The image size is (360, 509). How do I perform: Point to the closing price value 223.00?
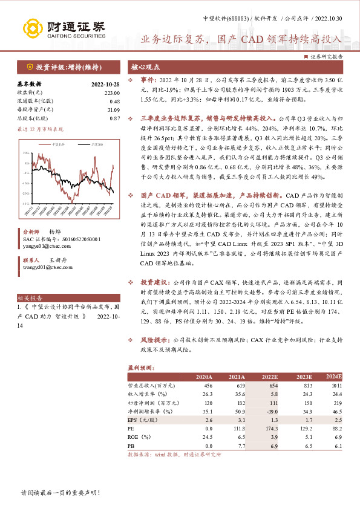[x=112, y=92]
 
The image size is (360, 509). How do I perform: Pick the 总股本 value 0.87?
[x=115, y=118]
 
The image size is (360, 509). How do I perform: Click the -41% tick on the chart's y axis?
[x=27, y=203]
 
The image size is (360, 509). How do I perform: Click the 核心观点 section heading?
[x=146, y=68]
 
